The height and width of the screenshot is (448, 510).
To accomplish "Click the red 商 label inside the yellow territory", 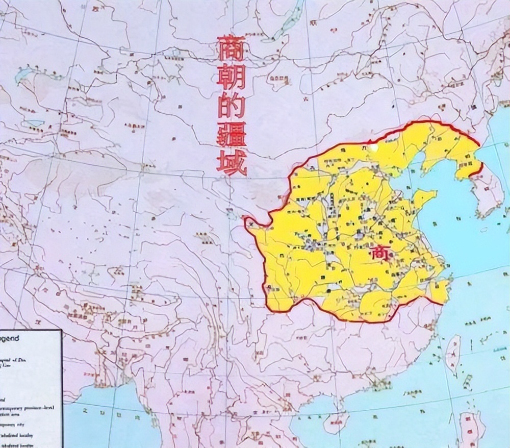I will pyautogui.click(x=380, y=252).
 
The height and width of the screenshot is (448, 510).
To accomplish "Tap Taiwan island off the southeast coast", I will pyautogui.click(x=452, y=352).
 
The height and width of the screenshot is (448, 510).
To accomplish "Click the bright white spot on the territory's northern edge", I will pyautogui.click(x=375, y=147).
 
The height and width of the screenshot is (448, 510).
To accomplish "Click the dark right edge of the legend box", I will pyautogui.click(x=61, y=388).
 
